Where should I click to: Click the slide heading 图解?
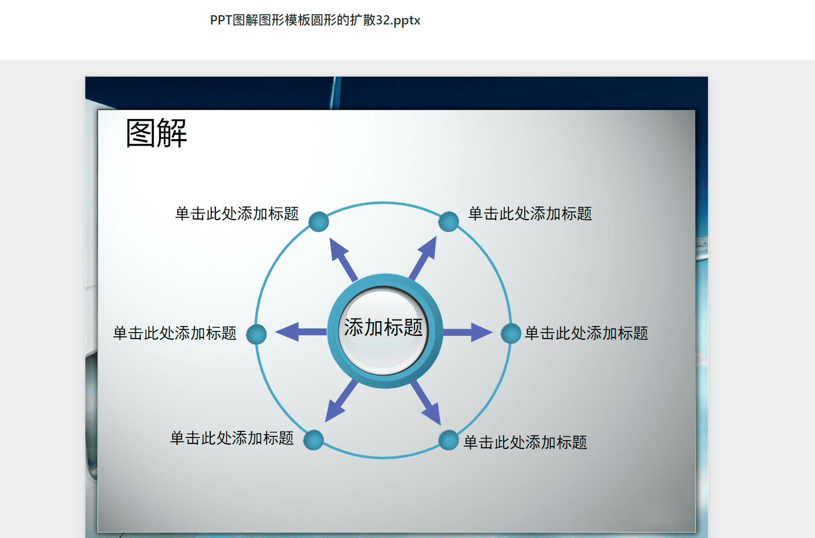(x=156, y=133)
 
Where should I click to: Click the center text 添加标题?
(x=384, y=327)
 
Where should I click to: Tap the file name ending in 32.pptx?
(x=315, y=20)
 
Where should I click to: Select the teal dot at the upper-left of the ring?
(x=319, y=222)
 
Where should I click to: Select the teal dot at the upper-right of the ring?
(x=448, y=221)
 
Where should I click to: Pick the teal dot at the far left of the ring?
(x=256, y=334)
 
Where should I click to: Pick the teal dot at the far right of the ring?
(x=511, y=333)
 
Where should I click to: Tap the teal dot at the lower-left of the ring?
(x=314, y=440)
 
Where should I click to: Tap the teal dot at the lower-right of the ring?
(x=448, y=440)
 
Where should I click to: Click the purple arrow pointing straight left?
(x=301, y=331)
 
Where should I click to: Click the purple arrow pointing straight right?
(x=467, y=332)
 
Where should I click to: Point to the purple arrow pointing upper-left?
(x=343, y=260)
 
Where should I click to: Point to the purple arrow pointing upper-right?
(x=423, y=259)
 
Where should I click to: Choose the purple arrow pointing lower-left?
(x=341, y=401)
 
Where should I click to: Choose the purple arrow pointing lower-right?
(x=426, y=403)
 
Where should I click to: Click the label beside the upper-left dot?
(x=237, y=214)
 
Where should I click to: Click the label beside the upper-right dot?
(x=530, y=214)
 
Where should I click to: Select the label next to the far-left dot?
(x=174, y=333)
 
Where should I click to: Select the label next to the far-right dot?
(x=586, y=333)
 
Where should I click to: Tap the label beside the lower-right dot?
(x=525, y=442)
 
